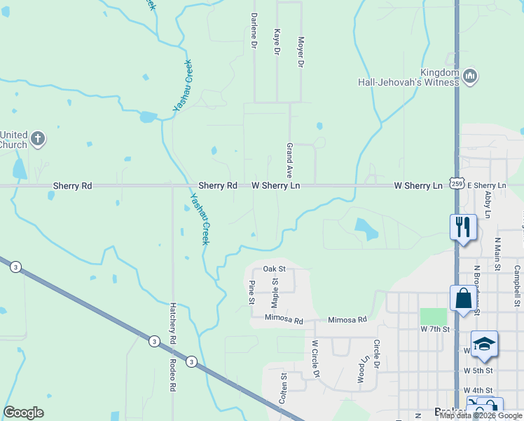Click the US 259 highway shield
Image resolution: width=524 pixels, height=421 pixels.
point(457,184)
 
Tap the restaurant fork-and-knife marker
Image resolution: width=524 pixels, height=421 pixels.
point(463,227)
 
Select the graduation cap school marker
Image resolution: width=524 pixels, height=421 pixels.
point(484,345)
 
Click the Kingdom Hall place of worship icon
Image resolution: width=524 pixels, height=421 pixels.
point(470,75)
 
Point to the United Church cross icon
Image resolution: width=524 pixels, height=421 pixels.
point(38,138)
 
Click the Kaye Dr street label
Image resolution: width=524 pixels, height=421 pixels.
point(277,42)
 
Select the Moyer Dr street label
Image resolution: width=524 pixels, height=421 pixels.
point(301,52)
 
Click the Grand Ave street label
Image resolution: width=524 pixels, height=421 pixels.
point(289,160)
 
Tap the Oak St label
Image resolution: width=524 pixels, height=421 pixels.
point(275,269)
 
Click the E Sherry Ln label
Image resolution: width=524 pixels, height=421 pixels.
point(486,185)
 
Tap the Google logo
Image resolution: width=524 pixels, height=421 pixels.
point(23,413)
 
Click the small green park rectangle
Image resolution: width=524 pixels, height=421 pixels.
point(433,316)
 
